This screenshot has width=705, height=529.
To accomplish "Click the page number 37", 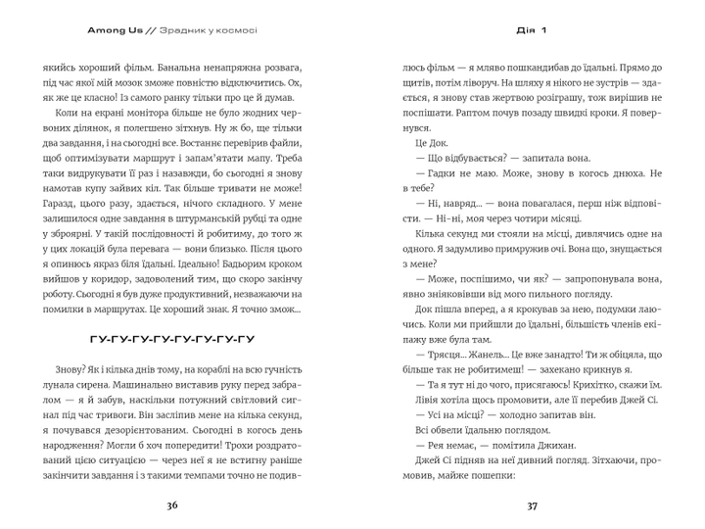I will [533, 506].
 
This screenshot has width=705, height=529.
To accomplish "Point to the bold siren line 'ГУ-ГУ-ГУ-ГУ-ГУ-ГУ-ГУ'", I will [171, 340].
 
